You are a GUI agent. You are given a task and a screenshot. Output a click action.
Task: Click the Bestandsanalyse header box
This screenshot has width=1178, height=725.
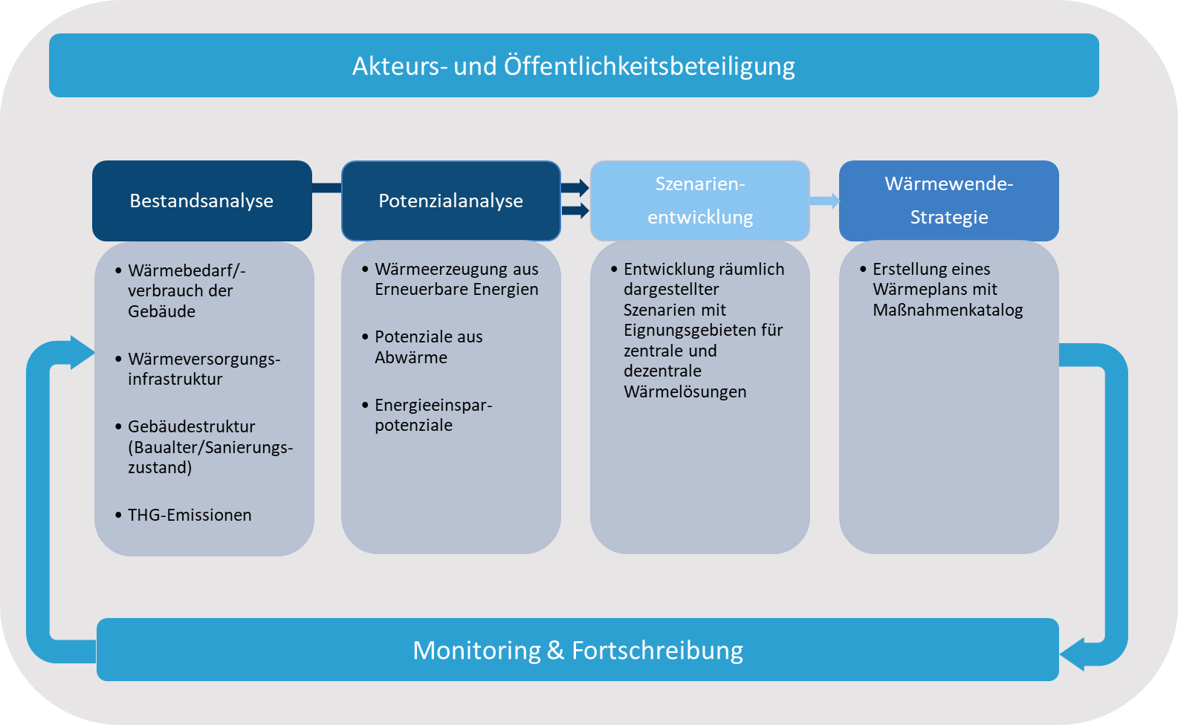(201, 201)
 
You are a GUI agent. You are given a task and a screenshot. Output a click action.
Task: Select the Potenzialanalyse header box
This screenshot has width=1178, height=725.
(450, 201)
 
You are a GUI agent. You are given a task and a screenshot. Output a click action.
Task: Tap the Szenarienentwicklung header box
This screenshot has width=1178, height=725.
(699, 201)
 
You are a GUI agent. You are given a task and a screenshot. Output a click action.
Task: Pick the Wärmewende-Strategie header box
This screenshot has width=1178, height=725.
(948, 201)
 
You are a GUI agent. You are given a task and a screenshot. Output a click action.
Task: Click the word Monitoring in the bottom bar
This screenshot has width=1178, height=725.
(476, 651)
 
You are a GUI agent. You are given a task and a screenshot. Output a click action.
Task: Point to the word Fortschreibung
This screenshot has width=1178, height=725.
(657, 651)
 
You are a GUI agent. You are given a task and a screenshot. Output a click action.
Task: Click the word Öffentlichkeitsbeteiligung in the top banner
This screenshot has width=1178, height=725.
(650, 66)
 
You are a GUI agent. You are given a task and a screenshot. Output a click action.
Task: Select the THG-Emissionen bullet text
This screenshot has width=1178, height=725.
(190, 515)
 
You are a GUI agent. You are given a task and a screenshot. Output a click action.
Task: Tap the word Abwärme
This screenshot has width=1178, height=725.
(411, 357)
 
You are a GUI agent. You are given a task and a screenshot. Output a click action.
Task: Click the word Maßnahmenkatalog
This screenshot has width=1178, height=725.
(948, 310)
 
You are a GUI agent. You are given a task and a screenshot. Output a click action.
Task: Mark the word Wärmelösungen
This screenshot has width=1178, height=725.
(685, 391)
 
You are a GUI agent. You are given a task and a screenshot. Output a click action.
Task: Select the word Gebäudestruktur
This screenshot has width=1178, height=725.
(192, 426)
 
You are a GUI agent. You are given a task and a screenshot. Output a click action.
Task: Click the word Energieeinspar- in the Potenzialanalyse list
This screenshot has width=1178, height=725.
(433, 405)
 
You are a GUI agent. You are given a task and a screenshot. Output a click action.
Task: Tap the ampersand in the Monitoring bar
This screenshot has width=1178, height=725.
(555, 651)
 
